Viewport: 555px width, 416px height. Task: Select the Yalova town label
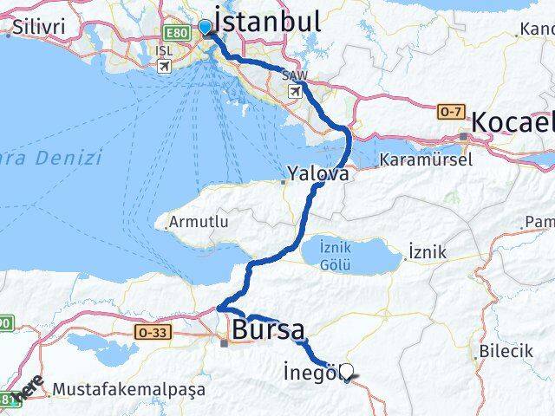(x=322, y=174)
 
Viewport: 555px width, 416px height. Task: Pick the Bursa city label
(x=267, y=330)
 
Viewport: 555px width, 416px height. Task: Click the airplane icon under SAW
(x=295, y=91)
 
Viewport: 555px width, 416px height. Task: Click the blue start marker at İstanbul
(x=205, y=28)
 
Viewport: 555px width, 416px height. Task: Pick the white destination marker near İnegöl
(x=348, y=372)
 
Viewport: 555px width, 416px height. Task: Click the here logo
(x=29, y=387)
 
